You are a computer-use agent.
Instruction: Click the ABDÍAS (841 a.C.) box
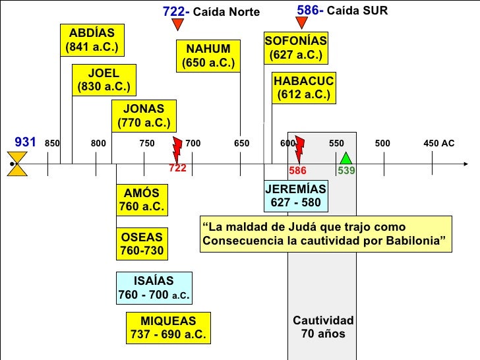pyautogui.click(x=92, y=40)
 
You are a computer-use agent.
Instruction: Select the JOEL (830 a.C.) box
pyautogui.click(x=104, y=79)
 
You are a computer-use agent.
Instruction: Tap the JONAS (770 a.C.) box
pyautogui.click(x=143, y=115)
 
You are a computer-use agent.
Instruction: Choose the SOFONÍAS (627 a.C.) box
pyautogui.click(x=295, y=47)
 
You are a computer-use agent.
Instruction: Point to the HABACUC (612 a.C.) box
pyautogui.click(x=303, y=88)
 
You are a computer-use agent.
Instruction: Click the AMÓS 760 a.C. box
pyautogui.click(x=142, y=200)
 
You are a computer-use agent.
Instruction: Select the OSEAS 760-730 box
pyautogui.click(x=142, y=243)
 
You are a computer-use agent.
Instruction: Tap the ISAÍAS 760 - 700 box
pyautogui.click(x=154, y=288)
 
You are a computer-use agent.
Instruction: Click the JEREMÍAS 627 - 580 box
pyautogui.click(x=295, y=196)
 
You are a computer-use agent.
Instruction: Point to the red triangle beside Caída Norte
pyautogui.click(x=177, y=24)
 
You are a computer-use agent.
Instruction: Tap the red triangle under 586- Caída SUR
pyautogui.click(x=302, y=23)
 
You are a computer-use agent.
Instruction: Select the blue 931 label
pyautogui.click(x=24, y=142)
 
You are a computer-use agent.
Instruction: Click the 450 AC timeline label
pyautogui.click(x=438, y=143)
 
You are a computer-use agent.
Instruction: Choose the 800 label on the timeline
pyautogui.click(x=98, y=143)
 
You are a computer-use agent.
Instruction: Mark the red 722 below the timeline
pyautogui.click(x=178, y=168)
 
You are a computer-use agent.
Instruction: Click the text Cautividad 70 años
pyautogui.click(x=323, y=327)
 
